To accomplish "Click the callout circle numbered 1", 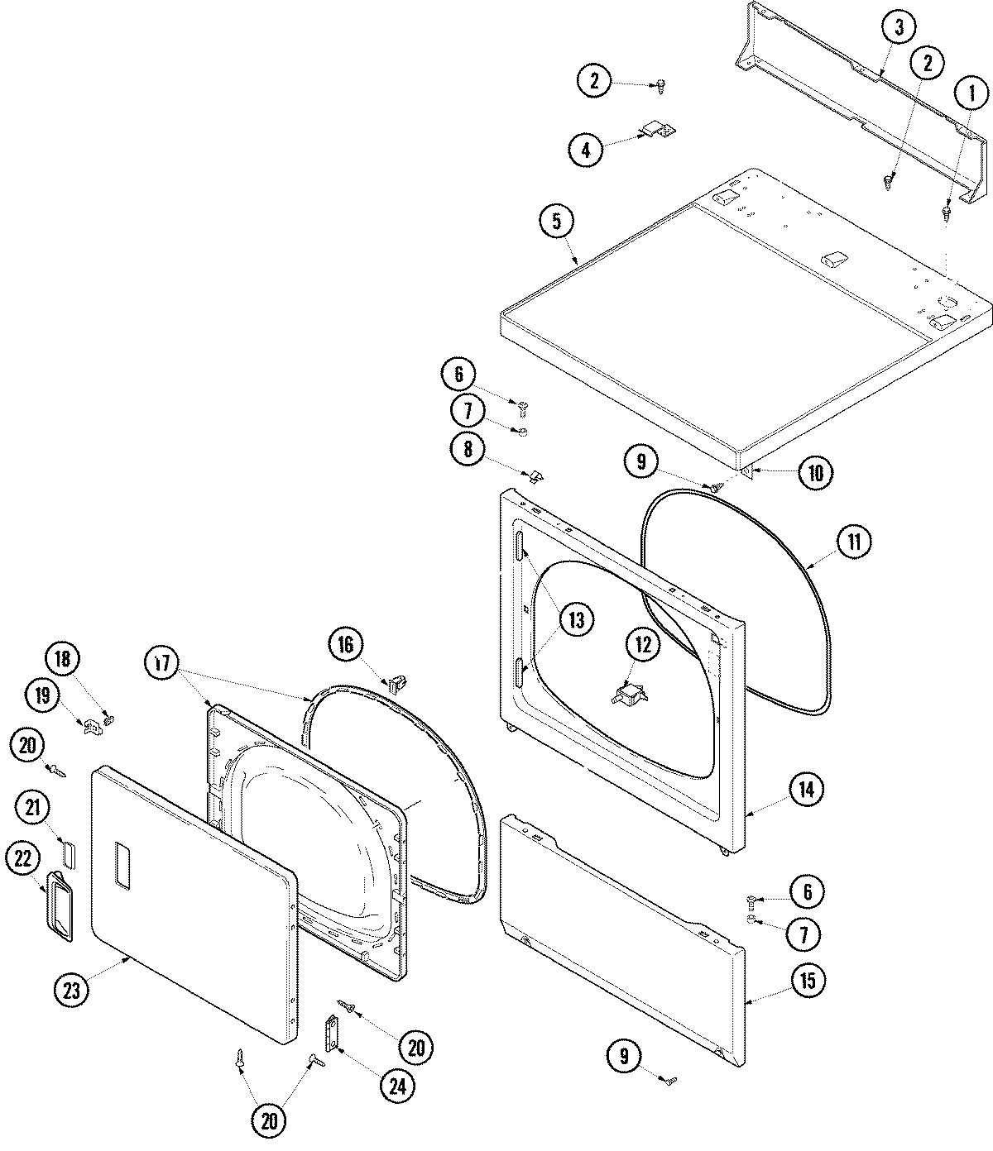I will (971, 93).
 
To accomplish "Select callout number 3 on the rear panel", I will (899, 28).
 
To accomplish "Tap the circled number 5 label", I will (556, 221).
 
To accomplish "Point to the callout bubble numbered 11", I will (853, 542).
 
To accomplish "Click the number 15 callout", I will (807, 980).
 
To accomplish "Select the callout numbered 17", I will (163, 664).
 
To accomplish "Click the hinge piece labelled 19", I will (92, 725).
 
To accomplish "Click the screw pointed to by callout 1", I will (947, 213).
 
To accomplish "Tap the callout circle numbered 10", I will (815, 472).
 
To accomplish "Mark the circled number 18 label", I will (63, 659).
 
